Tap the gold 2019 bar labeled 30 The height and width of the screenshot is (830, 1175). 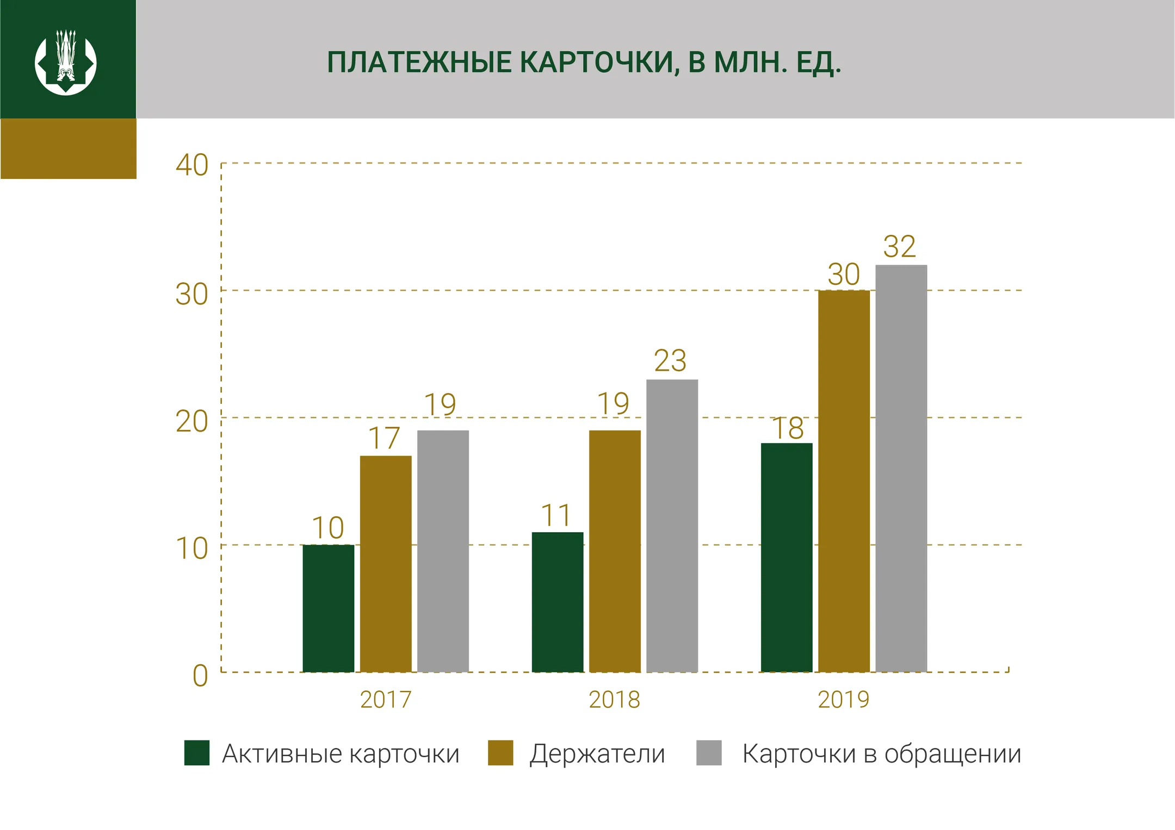[844, 480]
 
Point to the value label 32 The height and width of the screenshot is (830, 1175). [899, 247]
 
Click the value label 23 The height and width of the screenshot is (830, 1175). [670, 361]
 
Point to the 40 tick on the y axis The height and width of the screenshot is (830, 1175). [191, 165]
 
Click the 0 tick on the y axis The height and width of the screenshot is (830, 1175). [200, 676]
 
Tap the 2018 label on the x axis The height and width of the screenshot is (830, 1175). [614, 700]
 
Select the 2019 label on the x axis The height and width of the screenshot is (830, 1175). [843, 700]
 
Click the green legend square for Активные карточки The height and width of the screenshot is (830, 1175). [196, 753]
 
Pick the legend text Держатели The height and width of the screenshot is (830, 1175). [597, 754]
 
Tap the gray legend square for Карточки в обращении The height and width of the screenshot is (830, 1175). [709, 753]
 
